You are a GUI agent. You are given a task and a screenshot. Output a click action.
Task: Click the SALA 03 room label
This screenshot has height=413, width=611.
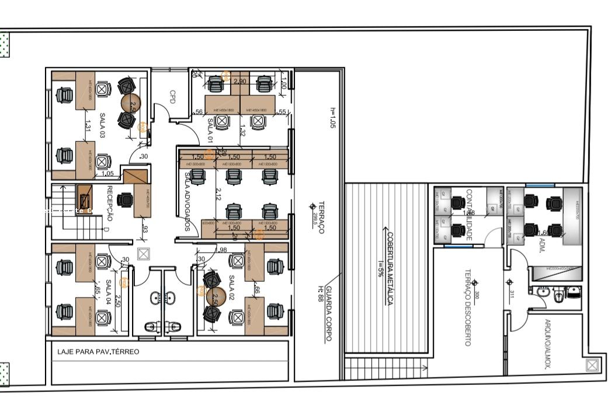click(103, 125)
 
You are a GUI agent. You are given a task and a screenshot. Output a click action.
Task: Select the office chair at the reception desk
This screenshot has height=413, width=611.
click(124, 200)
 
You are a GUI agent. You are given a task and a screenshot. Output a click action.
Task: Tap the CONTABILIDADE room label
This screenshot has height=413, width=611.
click(468, 214)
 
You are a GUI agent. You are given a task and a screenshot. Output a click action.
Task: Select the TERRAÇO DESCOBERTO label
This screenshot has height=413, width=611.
click(467, 307)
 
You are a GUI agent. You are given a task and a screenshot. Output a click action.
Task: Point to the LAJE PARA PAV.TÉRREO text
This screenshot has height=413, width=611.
click(98, 352)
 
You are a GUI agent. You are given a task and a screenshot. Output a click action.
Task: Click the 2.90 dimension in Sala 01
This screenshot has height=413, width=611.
click(239, 81)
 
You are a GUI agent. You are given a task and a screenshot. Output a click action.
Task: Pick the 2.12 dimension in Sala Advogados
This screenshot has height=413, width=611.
click(217, 194)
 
